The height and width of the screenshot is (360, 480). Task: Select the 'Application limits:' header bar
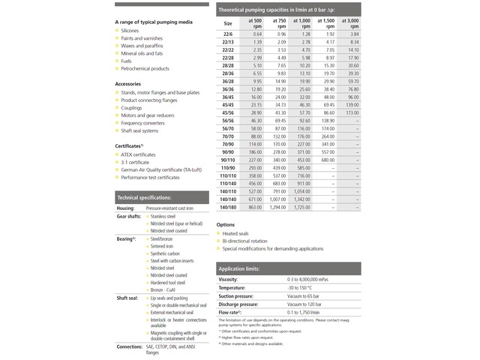click(239, 268)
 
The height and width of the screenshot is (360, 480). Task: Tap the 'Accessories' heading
click(129, 83)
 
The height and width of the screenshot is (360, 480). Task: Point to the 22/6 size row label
click(228, 34)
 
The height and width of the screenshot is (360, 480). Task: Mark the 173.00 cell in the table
click(352, 112)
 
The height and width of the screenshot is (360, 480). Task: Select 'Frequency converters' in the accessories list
click(142, 122)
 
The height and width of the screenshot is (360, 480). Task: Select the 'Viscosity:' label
click(228, 279)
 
